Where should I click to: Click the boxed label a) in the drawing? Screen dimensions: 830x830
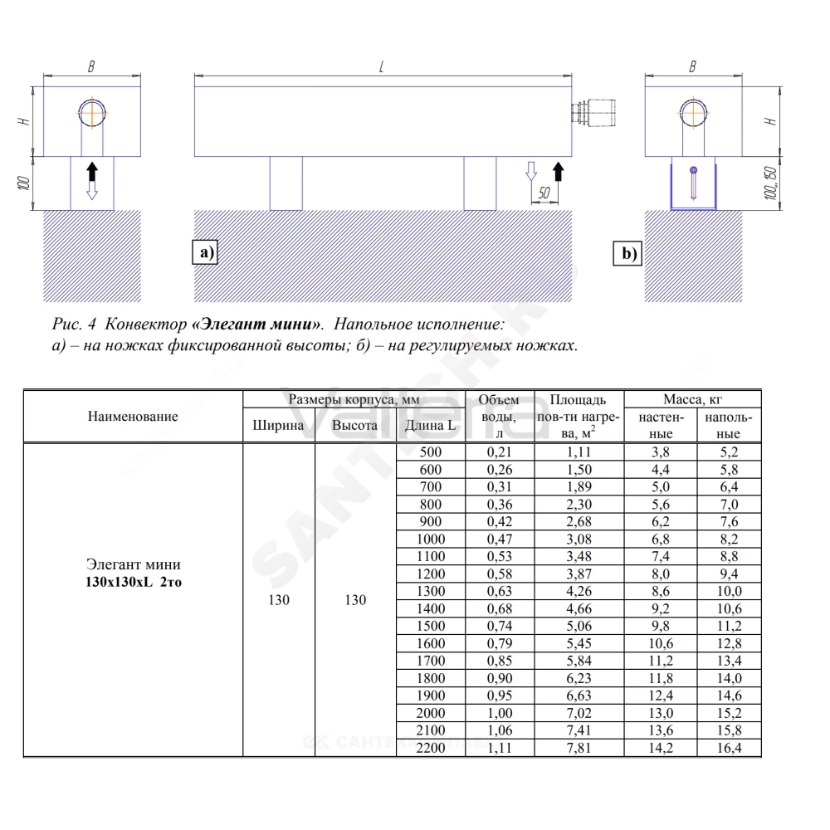[x=204, y=252]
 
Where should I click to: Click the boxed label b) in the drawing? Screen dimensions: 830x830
[x=627, y=253]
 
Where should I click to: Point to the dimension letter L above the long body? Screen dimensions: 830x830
[x=381, y=67]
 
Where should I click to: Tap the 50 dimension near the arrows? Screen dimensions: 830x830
[x=544, y=193]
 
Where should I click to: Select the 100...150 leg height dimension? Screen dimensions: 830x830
[x=771, y=183]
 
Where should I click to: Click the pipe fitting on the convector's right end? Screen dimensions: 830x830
[x=593, y=113]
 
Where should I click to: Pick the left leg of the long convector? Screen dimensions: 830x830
[x=286, y=183]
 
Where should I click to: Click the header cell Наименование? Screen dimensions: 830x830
[x=133, y=416]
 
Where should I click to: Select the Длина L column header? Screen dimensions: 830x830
[x=430, y=425]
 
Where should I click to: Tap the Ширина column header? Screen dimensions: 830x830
[x=278, y=425]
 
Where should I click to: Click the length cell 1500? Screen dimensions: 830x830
[x=430, y=626]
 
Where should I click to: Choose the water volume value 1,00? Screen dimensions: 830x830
[x=500, y=713]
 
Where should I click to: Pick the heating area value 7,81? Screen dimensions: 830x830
[x=579, y=748]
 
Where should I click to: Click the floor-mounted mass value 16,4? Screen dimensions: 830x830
[x=730, y=748]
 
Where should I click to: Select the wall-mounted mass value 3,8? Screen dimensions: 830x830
[x=661, y=452]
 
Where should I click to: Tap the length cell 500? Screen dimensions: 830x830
[x=430, y=452]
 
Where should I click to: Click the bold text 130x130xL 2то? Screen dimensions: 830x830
[x=134, y=582]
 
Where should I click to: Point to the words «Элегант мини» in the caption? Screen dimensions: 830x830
[x=257, y=324]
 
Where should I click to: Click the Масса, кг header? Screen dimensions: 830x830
[x=692, y=399]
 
